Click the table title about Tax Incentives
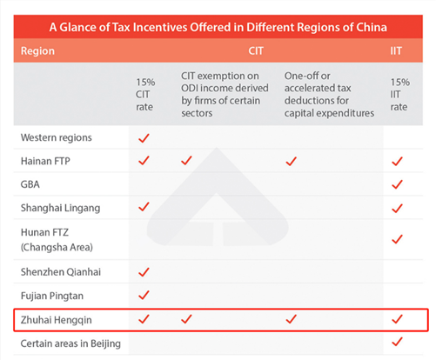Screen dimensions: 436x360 [218, 27]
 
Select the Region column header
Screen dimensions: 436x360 [37, 51]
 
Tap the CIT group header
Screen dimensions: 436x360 [256, 50]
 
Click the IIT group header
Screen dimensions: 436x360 [396, 50]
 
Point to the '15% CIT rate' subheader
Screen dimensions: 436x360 [145, 95]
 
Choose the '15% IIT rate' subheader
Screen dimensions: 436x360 [399, 95]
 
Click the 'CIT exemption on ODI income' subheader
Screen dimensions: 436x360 [225, 95]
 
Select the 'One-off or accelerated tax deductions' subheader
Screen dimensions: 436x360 [329, 95]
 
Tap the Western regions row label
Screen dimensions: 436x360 [57, 137]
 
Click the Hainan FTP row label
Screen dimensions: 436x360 [45, 161]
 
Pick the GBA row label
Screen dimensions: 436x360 [30, 184]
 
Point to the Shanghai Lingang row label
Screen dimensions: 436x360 [60, 208]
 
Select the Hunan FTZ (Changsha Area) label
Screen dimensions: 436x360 [57, 240]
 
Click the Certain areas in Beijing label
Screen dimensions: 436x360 [70, 343]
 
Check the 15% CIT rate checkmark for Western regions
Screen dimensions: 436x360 [144, 138]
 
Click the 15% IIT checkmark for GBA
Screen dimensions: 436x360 [397, 184]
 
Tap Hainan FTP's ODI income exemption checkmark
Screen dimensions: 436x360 [186, 160]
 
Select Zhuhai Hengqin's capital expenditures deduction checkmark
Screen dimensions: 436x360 [291, 319]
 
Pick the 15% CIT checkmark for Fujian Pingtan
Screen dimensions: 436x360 [144, 295]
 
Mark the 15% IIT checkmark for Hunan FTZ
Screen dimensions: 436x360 [397, 239]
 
